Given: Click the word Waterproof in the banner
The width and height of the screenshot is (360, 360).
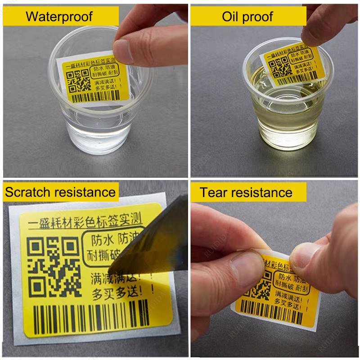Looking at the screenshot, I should point(59,17).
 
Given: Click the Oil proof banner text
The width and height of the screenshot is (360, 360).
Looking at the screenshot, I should point(247,17).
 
